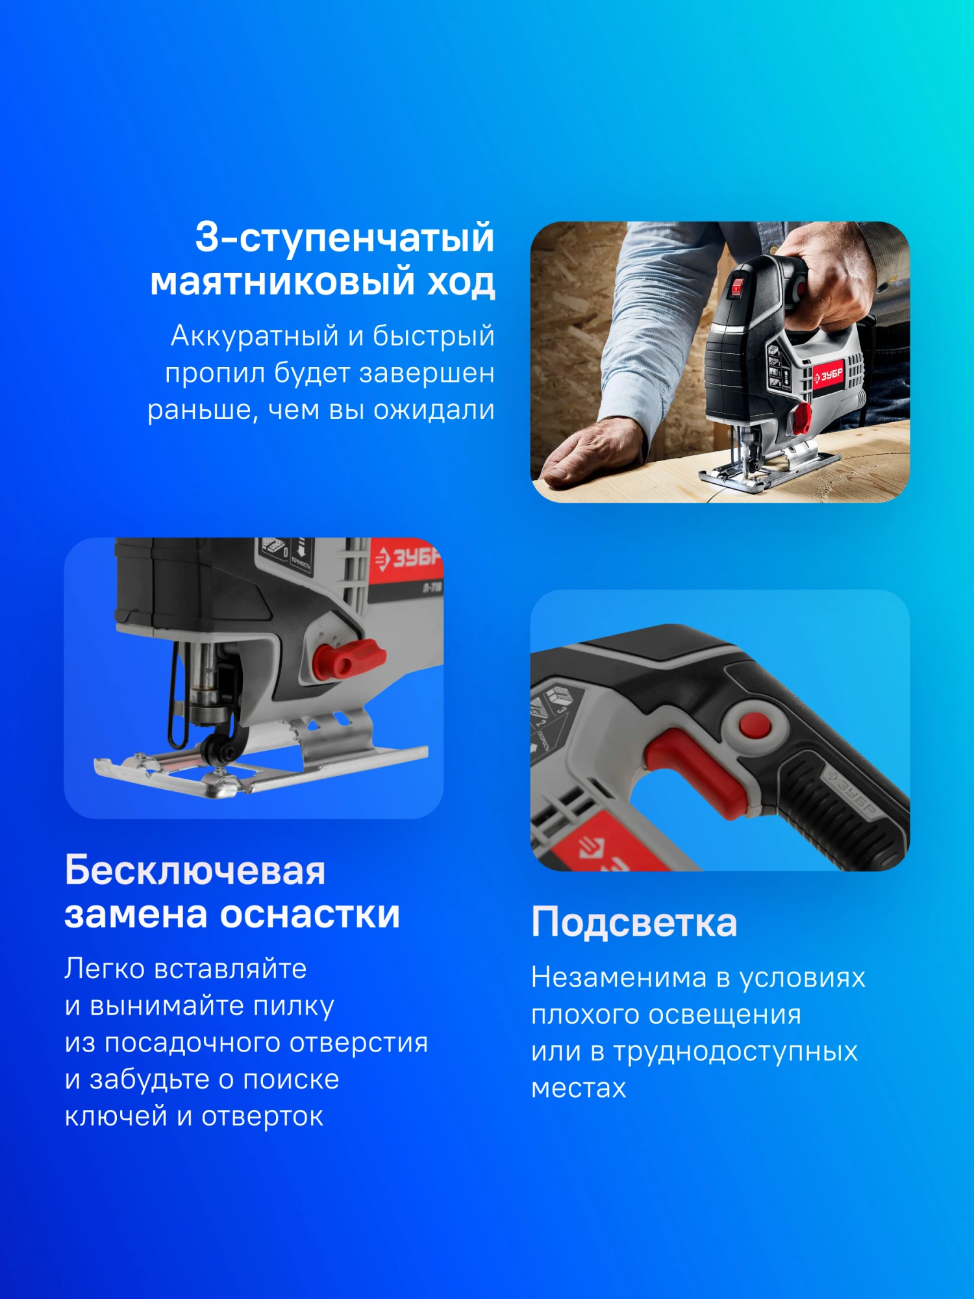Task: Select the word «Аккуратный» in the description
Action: [x=255, y=336]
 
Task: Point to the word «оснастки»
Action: [x=310, y=914]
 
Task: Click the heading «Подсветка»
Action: [x=634, y=922]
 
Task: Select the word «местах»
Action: [x=579, y=1089]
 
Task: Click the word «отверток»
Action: [x=262, y=1116]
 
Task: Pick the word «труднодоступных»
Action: [x=736, y=1052]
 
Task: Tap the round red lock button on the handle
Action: [x=755, y=724]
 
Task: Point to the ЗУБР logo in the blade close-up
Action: [x=408, y=559]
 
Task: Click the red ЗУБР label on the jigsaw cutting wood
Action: [x=829, y=375]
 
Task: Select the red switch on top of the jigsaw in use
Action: [x=737, y=287]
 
